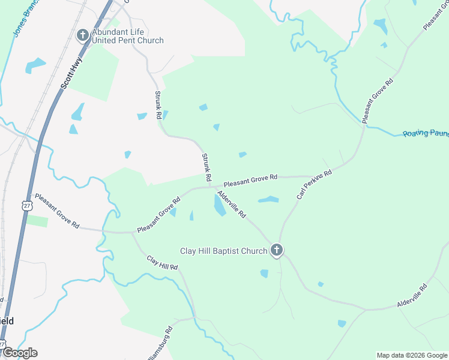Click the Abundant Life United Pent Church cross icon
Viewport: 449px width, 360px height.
[82, 35]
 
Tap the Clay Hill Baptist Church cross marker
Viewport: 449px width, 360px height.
[276, 250]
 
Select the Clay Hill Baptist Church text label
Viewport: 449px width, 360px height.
[224, 251]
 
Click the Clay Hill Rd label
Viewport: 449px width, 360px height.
[163, 263]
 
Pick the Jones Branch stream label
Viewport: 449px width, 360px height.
[23, 22]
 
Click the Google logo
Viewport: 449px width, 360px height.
[19, 353]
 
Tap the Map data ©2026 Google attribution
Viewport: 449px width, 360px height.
[411, 355]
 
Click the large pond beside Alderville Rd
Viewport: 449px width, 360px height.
[220, 206]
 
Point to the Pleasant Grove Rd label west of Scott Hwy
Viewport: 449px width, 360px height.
[57, 211]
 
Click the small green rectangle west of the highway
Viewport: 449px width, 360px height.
[37, 221]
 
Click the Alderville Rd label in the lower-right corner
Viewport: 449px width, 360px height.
[412, 297]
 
